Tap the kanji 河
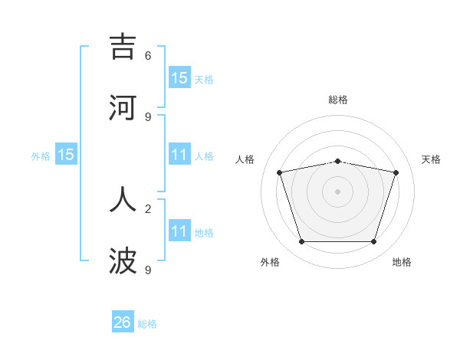(123, 108)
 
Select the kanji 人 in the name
(123, 199)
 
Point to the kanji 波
(123, 261)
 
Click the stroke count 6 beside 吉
(148, 55)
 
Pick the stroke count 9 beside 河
(148, 116)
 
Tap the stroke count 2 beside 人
(148, 208)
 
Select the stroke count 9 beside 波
(148, 270)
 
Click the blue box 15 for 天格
(179, 77)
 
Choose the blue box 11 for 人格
(179, 155)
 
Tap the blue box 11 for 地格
(179, 231)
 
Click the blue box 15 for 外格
(66, 155)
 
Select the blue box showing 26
(123, 322)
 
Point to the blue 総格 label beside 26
(147, 324)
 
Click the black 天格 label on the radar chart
(432, 159)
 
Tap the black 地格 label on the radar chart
(402, 262)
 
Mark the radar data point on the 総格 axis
(337, 161)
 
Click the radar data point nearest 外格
(301, 242)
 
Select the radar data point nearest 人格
(279, 173)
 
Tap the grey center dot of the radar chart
(337, 191)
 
